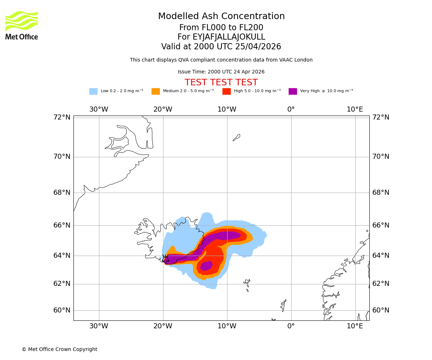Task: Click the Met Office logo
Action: [22, 25]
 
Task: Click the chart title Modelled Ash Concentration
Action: [221, 16]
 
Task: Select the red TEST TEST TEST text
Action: [221, 82]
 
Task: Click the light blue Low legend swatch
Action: [93, 91]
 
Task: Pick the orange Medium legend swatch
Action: [156, 91]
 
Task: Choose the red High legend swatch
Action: [226, 91]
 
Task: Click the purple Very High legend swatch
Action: [293, 91]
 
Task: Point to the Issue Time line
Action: [221, 72]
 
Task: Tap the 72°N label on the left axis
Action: [62, 117]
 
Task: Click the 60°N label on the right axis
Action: [381, 310]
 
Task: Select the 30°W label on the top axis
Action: [99, 109]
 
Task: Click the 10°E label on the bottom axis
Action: [355, 326]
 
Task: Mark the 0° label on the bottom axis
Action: [291, 326]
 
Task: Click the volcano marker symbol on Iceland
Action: [165, 258]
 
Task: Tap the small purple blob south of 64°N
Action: [207, 266]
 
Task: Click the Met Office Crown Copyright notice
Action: [59, 349]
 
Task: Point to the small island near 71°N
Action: [237, 137]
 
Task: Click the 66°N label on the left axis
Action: [62, 225]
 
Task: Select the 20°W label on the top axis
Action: [163, 109]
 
